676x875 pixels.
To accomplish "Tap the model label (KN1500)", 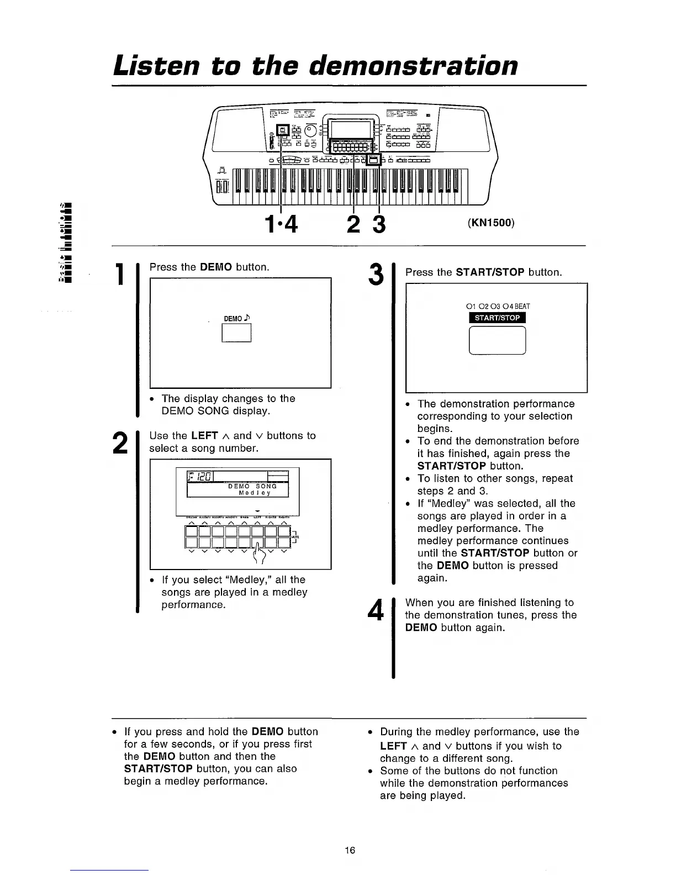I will pyautogui.click(x=491, y=223).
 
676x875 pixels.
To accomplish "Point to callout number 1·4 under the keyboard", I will pyautogui.click(x=281, y=224).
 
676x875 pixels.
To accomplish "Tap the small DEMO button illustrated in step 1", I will pyautogui.click(x=236, y=333).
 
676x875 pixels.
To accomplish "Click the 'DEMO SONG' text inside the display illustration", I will pyautogui.click(x=252, y=486).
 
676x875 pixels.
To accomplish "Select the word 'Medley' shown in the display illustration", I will pyautogui.click(x=254, y=493).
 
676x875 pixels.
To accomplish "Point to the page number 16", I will pyautogui.click(x=350, y=850).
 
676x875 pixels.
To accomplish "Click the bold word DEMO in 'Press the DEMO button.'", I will pyautogui.click(x=216, y=267).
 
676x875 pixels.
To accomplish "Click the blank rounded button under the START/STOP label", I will pyautogui.click(x=497, y=340).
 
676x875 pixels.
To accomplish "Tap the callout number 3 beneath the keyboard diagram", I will pyautogui.click(x=379, y=224).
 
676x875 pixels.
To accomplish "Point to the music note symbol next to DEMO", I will pyautogui.click(x=248, y=317).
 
